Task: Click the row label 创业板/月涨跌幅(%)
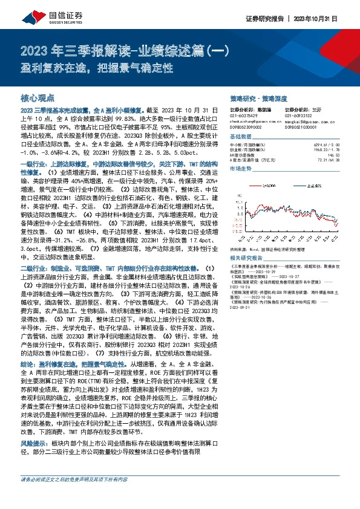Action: coord(249,151)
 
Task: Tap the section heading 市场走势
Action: coord(243,170)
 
